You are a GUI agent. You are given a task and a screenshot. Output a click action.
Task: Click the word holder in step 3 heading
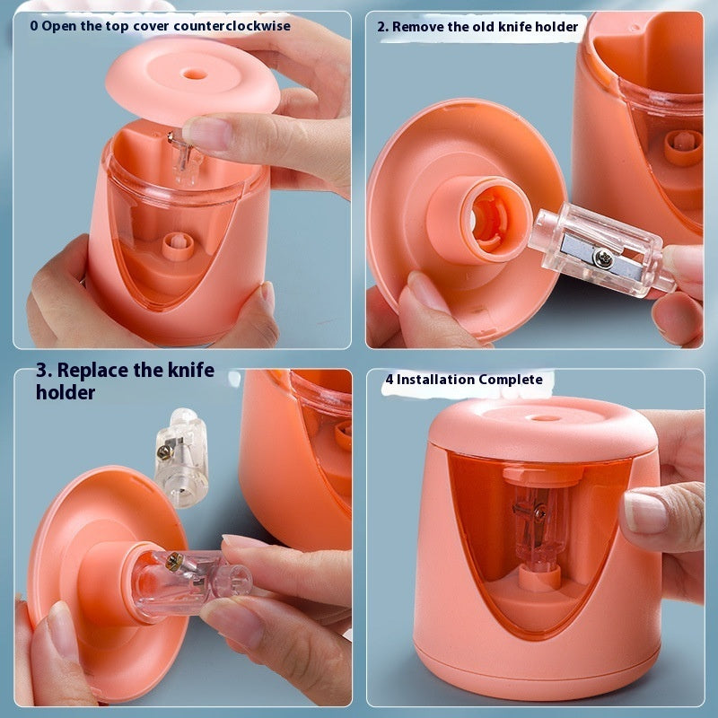tap(66, 392)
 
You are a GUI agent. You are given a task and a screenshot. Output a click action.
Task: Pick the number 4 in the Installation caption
tap(390, 380)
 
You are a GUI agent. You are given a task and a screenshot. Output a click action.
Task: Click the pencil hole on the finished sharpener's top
tap(529, 418)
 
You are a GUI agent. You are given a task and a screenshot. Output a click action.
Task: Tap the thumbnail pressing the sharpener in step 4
tap(644, 512)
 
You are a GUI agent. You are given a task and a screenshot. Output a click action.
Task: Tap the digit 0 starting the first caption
tap(34, 26)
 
